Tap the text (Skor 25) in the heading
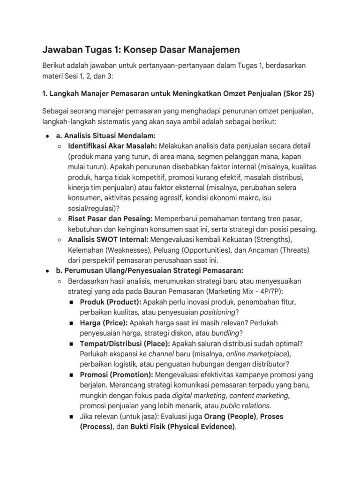click(299, 93)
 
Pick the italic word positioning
click(217, 312)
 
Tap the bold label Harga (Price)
click(104, 322)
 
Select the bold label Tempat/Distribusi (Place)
click(125, 343)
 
